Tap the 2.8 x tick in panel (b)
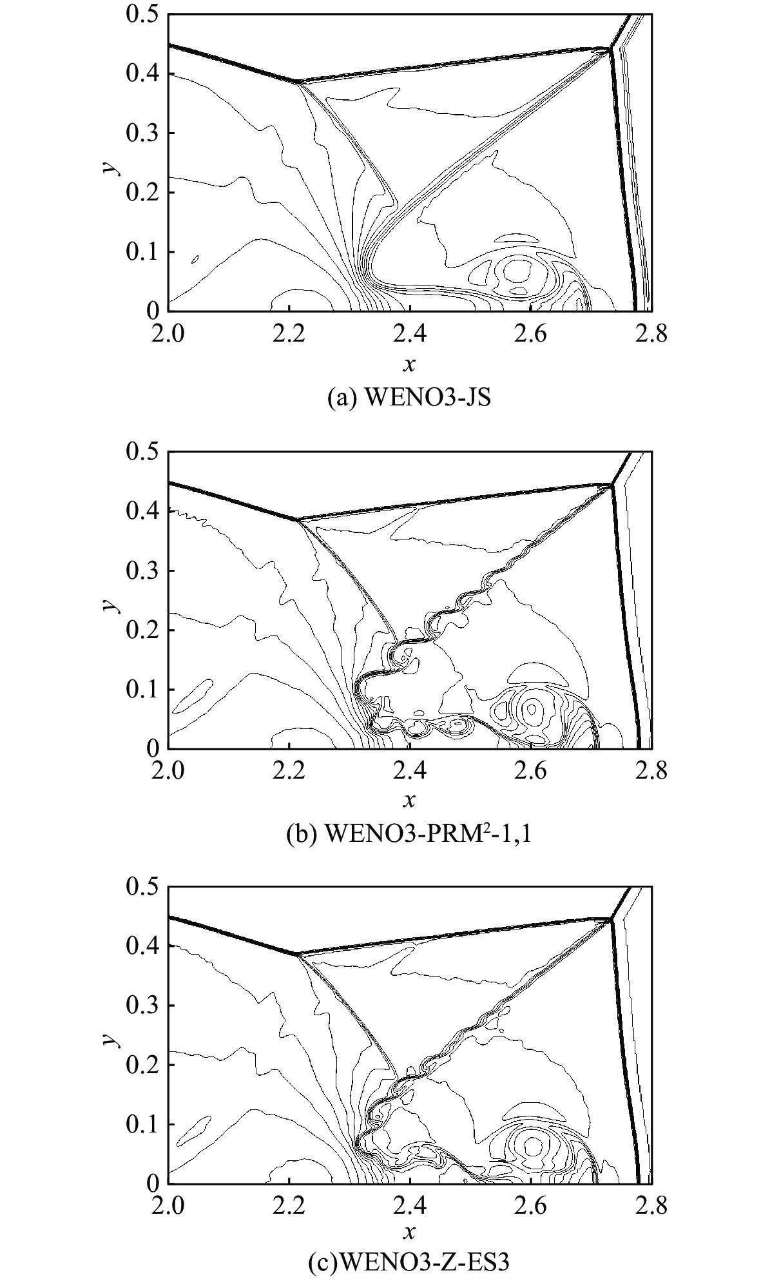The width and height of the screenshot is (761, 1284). click(652, 771)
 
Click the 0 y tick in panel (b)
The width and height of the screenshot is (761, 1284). click(152, 748)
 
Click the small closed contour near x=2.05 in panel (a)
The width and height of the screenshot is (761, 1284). click(195, 259)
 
